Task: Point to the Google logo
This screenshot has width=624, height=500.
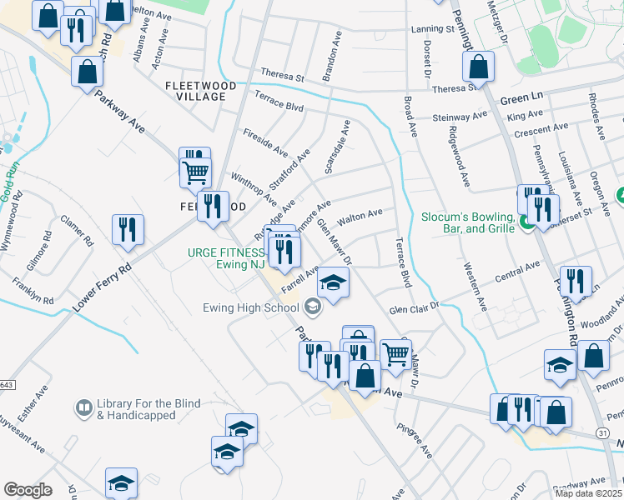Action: pyautogui.click(x=28, y=490)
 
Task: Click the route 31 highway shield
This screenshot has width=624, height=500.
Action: pyautogui.click(x=602, y=432)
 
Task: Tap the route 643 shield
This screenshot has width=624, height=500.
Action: pyautogui.click(x=8, y=384)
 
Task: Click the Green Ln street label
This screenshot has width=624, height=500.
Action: pyautogui.click(x=521, y=98)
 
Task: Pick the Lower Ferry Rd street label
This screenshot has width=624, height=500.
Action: pyautogui.click(x=102, y=287)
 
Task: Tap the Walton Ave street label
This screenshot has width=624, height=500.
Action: pyautogui.click(x=359, y=217)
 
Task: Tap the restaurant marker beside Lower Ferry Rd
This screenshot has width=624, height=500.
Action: pyautogui.click(x=128, y=229)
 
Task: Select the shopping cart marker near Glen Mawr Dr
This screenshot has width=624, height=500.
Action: pyautogui.click(x=395, y=353)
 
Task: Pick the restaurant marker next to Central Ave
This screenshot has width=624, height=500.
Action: pyautogui.click(x=576, y=281)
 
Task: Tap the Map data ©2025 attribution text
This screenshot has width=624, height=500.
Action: pyautogui.click(x=587, y=493)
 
